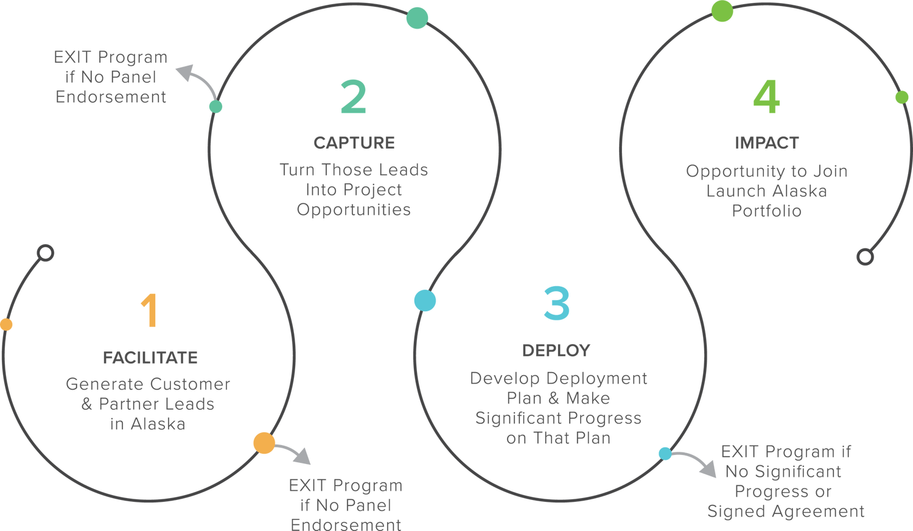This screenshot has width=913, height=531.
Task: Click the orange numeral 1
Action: pos(150,311)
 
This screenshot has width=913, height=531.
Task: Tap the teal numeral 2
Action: pos(354,97)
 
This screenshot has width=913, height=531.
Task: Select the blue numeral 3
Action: pos(556,303)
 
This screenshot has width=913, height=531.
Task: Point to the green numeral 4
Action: pos(766,97)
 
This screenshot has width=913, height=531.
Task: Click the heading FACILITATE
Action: pos(150,357)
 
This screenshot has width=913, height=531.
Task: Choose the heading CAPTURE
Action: pos(354,143)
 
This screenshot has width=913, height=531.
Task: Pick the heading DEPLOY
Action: pos(556,351)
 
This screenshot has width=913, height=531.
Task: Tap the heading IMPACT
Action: pos(766,143)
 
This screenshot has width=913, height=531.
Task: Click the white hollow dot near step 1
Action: pos(46,253)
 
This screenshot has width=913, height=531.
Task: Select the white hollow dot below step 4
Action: pos(865,256)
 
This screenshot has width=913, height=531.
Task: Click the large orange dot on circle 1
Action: pos(264,443)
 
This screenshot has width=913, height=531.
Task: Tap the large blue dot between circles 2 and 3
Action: pos(425,301)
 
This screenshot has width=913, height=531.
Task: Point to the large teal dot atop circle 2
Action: pos(417,18)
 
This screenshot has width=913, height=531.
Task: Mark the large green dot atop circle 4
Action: pos(722,11)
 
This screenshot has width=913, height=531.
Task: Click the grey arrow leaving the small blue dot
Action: pos(697,462)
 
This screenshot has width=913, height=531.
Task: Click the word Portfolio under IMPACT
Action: pos(766,211)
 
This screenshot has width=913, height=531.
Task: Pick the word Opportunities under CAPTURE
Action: pos(354,210)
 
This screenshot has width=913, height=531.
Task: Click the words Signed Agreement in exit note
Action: pos(785,511)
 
